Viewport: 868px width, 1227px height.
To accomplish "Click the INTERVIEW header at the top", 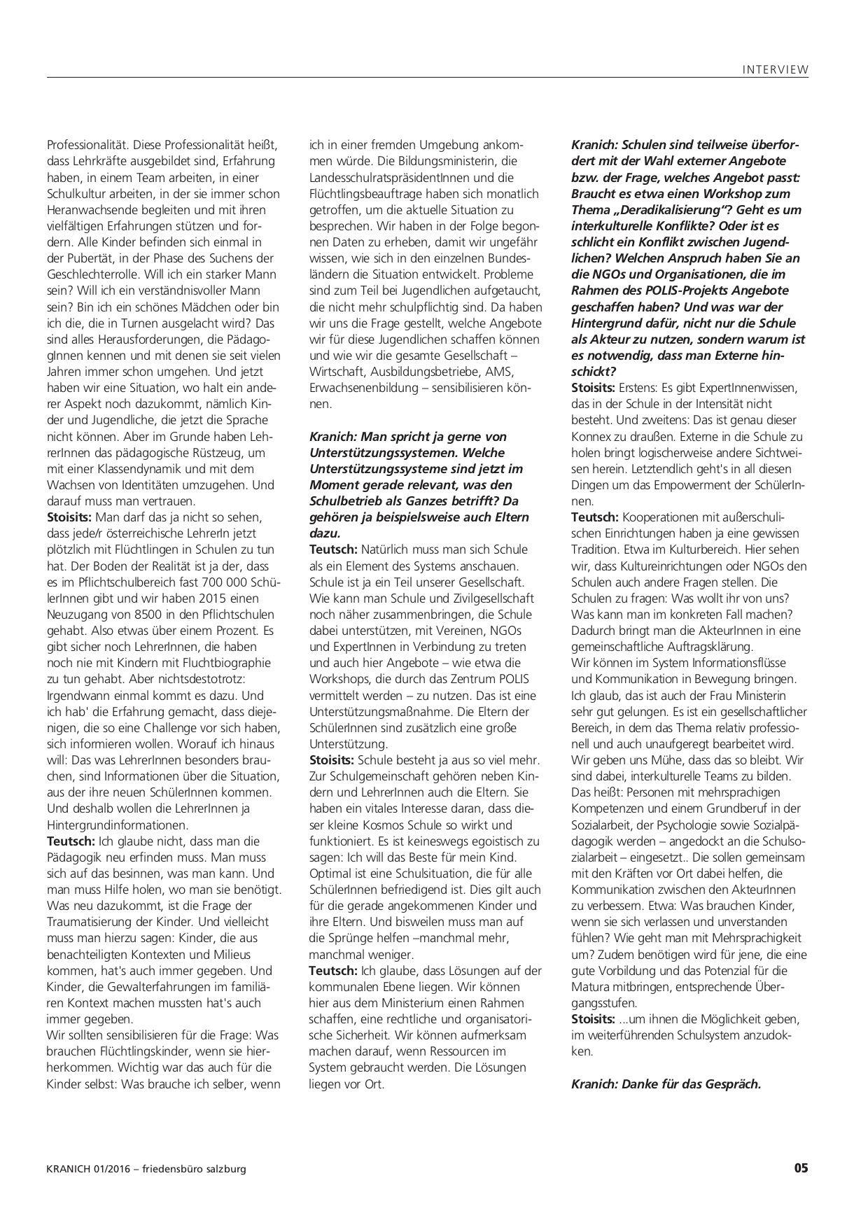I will click(x=775, y=69).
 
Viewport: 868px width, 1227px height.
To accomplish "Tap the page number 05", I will click(x=801, y=1168).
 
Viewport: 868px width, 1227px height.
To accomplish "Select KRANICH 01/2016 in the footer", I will click(x=87, y=1169).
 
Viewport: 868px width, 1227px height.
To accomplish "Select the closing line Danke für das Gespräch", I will click(x=666, y=1084).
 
